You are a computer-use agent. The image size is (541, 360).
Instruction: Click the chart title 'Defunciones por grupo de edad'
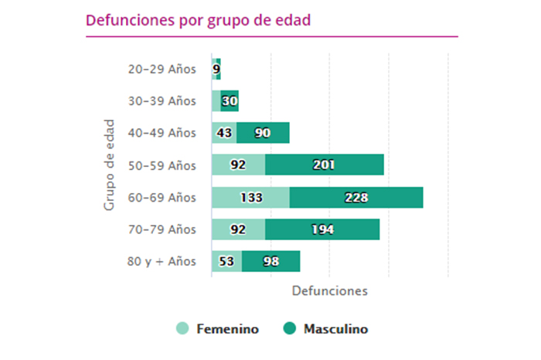199,19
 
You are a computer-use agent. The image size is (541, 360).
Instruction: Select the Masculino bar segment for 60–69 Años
356,197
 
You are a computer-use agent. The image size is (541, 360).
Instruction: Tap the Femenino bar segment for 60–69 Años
250,197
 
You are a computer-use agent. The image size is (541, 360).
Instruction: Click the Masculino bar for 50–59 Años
325,165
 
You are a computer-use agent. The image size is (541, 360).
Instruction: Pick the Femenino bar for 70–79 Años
238,229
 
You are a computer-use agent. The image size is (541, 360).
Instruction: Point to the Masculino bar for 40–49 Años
263,133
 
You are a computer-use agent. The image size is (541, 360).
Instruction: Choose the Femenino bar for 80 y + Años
226,261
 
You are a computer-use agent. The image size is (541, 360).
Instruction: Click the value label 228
356,197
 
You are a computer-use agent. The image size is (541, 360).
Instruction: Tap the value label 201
324,165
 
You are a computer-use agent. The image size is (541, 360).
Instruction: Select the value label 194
322,229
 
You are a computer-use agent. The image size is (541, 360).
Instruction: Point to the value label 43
225,133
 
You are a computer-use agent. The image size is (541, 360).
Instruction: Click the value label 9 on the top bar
216,69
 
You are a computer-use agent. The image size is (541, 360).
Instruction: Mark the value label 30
230,101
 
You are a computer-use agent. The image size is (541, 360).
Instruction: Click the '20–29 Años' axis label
162,69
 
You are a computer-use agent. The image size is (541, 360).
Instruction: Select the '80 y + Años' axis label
162,261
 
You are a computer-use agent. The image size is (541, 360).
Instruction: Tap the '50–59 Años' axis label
162,165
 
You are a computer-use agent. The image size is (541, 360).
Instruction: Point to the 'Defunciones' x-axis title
330,290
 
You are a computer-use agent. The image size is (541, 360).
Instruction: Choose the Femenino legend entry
219,329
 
